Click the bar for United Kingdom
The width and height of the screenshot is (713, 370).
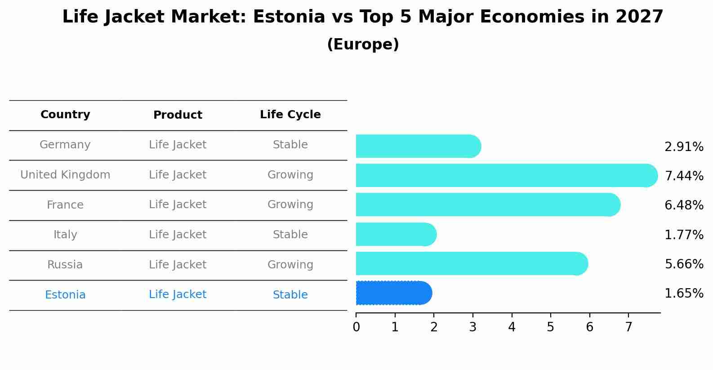point(506,175)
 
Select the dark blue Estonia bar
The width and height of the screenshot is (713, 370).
point(393,293)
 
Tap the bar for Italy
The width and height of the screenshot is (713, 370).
point(396,234)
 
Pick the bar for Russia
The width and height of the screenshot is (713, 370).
point(472,263)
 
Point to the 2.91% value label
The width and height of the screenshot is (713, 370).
point(684,147)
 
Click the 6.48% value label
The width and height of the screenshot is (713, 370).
point(684,205)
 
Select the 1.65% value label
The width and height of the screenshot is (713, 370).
point(684,294)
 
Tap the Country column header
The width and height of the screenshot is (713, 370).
point(65,115)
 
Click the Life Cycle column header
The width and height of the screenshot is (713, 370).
point(290,115)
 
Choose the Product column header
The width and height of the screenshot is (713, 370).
point(178,115)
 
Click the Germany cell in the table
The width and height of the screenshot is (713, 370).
point(65,145)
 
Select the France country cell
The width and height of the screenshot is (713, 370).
point(65,205)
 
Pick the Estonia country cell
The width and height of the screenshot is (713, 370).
point(65,295)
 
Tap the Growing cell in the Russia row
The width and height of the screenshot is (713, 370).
point(290,265)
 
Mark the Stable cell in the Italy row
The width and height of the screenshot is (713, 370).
point(290,235)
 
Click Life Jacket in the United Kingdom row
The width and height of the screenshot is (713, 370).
point(178,175)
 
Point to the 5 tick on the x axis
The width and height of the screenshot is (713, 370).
point(550,327)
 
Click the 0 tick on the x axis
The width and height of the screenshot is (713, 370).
point(356,327)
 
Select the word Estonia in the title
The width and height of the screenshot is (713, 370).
point(289,17)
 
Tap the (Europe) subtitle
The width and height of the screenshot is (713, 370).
point(363,45)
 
